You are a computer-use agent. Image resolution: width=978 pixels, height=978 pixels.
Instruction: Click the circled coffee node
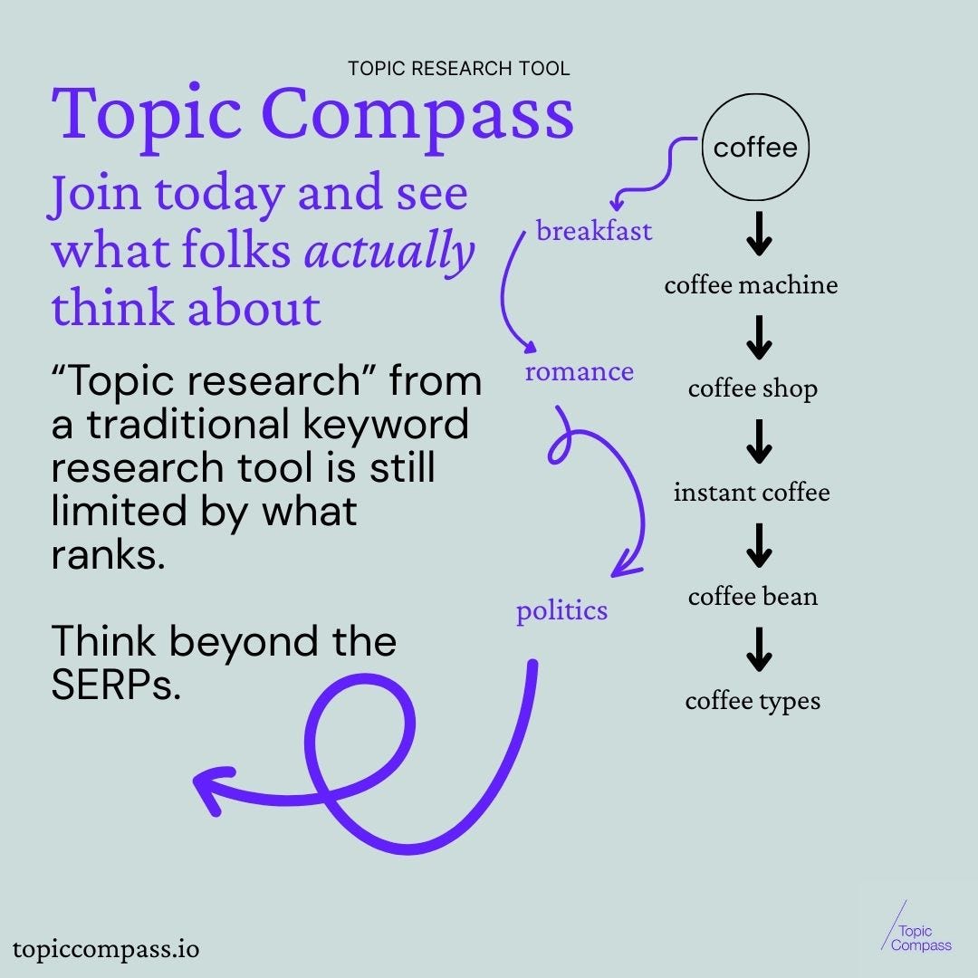click(755, 148)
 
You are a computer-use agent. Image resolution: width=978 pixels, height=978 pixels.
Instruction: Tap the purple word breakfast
click(594, 231)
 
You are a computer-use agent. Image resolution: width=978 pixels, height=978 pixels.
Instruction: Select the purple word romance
click(579, 371)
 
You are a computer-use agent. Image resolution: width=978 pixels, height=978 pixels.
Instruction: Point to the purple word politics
click(561, 610)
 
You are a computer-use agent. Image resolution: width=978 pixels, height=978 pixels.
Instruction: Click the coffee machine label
click(751, 285)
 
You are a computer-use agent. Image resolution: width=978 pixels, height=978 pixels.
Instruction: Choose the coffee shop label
click(753, 388)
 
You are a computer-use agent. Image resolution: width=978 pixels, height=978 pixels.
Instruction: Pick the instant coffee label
click(752, 493)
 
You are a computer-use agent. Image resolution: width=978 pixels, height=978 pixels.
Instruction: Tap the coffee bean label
click(753, 597)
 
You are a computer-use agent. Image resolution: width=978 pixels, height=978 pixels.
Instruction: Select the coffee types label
click(753, 701)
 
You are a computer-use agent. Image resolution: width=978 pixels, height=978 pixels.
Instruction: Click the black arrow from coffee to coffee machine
click(759, 233)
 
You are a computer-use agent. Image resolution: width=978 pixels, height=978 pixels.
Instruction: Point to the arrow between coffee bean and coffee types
click(759, 648)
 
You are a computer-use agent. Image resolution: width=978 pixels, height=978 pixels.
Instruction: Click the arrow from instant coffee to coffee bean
click(759, 544)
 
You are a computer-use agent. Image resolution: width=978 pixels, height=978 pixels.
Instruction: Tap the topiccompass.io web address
click(106, 949)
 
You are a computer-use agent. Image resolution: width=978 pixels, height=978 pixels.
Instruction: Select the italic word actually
click(388, 251)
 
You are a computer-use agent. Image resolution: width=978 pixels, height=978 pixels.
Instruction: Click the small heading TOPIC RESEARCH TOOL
click(459, 68)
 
